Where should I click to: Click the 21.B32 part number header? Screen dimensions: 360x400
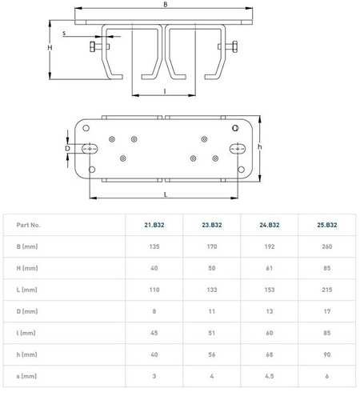[x=154, y=225]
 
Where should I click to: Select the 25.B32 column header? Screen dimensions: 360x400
[x=327, y=225]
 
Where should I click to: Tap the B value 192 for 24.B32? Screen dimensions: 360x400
[x=270, y=246]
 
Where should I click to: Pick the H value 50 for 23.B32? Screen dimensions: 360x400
[x=212, y=268]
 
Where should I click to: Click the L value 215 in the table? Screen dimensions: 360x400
[x=327, y=290]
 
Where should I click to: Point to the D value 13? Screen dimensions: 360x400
[x=270, y=311]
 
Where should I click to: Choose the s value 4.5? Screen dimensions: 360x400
[x=270, y=376]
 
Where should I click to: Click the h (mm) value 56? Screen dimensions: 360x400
[x=212, y=354]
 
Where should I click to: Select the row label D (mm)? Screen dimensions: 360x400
[x=27, y=311]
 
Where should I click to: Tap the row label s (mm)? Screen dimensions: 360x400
[x=26, y=376]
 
